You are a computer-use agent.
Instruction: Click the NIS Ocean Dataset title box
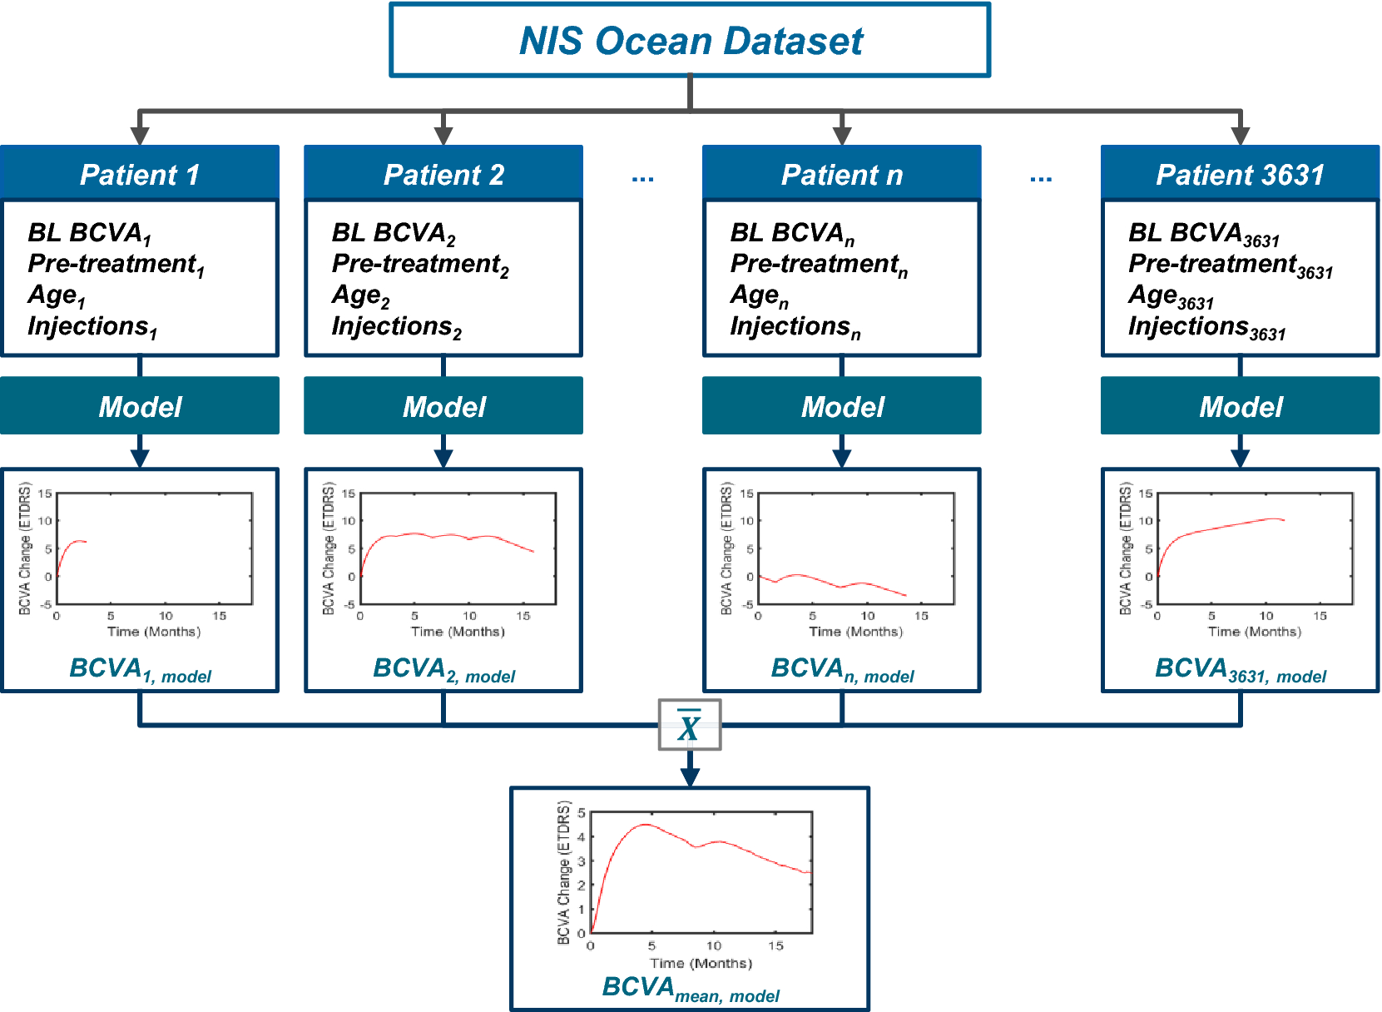point(690,41)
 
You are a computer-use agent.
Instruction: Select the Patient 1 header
point(140,175)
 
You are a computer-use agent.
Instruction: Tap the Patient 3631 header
point(1240,175)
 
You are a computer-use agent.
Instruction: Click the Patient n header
point(841,175)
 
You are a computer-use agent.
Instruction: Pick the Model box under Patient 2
point(443,406)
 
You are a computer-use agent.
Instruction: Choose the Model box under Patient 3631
point(1240,406)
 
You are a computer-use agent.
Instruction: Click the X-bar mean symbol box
point(689,725)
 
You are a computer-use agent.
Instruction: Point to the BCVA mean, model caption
point(690,989)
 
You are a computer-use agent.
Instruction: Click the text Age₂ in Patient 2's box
point(360,295)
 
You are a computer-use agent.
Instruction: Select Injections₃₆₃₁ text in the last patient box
point(1206,328)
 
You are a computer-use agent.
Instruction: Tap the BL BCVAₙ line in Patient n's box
point(791,233)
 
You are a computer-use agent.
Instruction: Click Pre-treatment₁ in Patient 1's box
point(116,265)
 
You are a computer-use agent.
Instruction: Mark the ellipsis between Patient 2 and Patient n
point(642,178)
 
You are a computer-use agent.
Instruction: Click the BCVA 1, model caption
point(140,670)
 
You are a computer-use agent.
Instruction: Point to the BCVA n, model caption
point(841,670)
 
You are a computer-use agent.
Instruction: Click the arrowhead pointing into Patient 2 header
point(443,135)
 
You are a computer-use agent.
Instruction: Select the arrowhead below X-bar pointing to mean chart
point(690,776)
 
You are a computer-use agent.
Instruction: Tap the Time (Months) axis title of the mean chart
point(701,963)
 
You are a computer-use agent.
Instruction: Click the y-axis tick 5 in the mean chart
point(581,813)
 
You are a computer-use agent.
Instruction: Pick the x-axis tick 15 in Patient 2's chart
point(523,617)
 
